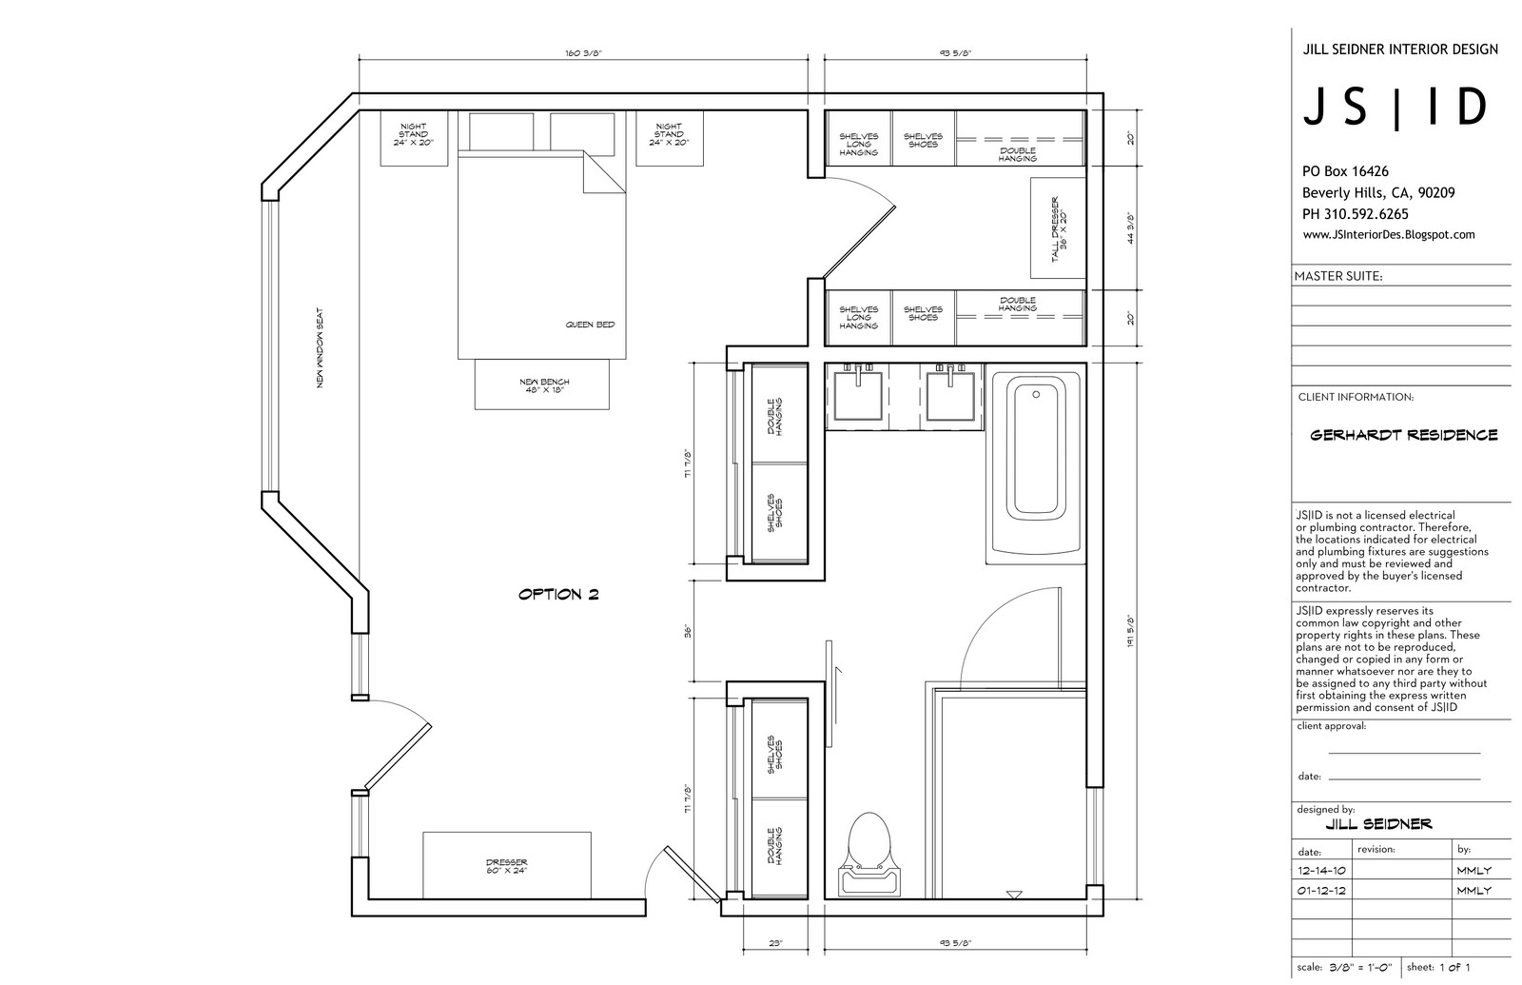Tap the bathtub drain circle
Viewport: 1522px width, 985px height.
(1036, 394)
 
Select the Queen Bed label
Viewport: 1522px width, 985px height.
(590, 325)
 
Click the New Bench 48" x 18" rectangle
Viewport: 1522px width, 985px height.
(541, 384)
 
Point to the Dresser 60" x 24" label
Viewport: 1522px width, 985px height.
(507, 866)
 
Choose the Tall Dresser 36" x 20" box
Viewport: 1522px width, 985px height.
(1057, 227)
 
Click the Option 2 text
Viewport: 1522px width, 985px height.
(558, 594)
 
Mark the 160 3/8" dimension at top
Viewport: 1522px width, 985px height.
(584, 53)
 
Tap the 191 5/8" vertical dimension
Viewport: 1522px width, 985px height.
(1131, 631)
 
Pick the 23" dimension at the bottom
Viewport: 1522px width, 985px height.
(775, 943)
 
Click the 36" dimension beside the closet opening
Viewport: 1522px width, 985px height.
(689, 631)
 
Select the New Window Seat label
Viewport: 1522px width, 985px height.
(320, 348)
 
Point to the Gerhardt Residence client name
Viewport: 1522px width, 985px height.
(1404, 435)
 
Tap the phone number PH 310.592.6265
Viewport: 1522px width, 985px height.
(1356, 214)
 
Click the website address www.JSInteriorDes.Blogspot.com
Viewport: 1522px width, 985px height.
(1389, 234)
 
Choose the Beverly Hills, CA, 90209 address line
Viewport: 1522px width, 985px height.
(1378, 193)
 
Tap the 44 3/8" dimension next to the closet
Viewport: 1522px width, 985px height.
(1131, 227)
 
